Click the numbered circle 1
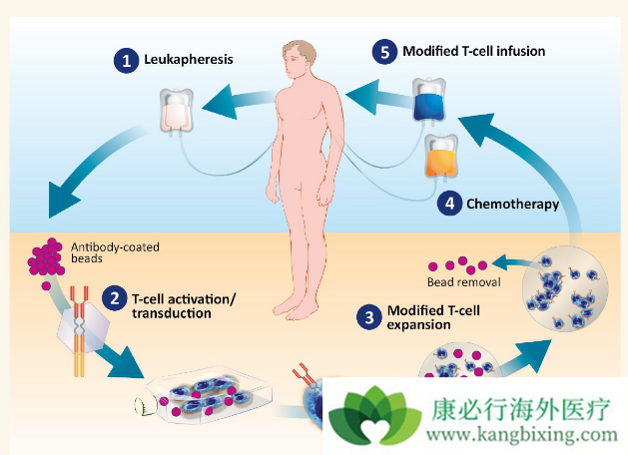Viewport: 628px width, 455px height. point(127,61)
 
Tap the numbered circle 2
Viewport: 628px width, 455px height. point(116,298)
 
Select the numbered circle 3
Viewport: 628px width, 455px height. point(370,318)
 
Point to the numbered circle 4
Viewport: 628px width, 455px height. point(450,204)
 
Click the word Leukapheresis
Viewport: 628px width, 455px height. point(190,60)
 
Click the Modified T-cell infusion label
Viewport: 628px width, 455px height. point(474,50)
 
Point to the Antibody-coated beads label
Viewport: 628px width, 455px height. point(112,251)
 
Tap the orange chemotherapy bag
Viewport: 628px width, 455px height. point(440,157)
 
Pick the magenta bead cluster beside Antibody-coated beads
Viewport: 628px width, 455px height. point(45,258)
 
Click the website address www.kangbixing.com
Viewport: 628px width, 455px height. point(522,435)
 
